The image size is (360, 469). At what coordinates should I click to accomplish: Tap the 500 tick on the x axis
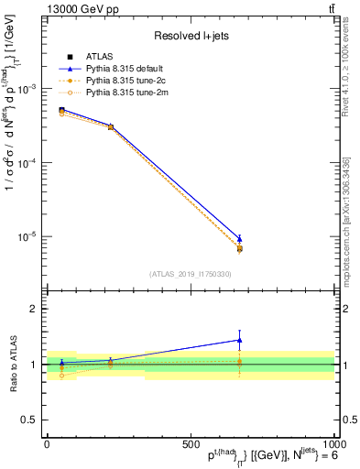tap(191, 444)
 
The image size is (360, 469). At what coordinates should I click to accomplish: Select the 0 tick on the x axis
tap(47, 444)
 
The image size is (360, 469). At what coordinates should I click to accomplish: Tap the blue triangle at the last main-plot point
tap(239, 238)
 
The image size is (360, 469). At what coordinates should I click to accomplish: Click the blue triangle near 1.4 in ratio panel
tap(239, 340)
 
